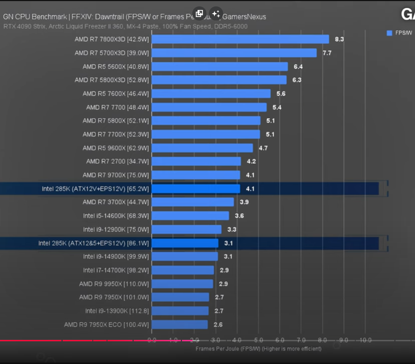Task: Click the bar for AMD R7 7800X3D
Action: (240, 39)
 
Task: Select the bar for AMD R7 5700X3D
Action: (234, 53)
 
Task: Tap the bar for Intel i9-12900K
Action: (186, 229)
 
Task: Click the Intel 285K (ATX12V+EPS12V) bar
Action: (196, 188)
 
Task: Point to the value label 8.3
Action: (339, 39)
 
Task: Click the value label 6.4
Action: (298, 66)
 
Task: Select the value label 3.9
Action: (244, 202)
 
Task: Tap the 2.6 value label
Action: (218, 324)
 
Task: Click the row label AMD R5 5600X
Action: (116, 66)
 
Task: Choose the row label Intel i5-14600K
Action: (116, 216)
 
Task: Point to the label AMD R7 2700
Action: (118, 162)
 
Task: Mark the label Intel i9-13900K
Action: (117, 311)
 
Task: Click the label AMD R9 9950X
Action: (114, 284)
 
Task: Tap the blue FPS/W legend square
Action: (389, 33)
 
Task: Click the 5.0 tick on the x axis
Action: (258, 340)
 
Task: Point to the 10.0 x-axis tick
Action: (366, 340)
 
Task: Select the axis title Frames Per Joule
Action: (258, 349)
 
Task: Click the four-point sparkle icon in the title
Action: (216, 14)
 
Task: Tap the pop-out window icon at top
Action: (199, 14)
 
